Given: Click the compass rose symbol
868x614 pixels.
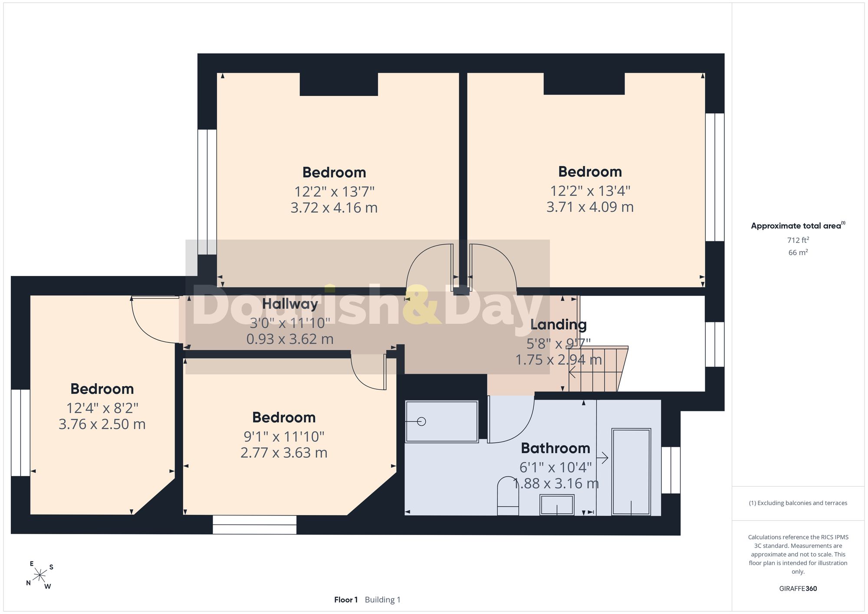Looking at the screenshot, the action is (x=40, y=575).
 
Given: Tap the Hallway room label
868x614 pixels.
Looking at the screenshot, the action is (x=290, y=304).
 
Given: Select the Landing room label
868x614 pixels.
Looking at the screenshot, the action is (x=559, y=325).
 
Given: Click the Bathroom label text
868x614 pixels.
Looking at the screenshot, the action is (x=556, y=448).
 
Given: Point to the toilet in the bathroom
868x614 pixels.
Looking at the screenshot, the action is (x=508, y=496).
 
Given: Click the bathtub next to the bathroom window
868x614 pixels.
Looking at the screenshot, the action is (x=631, y=472).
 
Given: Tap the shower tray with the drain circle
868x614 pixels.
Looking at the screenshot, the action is (x=442, y=421).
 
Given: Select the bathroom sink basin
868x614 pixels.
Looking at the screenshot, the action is (x=557, y=505).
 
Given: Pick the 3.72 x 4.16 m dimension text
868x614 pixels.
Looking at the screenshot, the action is (x=334, y=208).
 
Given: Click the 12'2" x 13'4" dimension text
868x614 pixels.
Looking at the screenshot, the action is (x=590, y=190).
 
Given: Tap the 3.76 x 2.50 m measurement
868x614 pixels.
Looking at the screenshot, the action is (x=102, y=424).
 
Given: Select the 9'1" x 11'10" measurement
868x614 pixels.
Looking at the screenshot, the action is (x=284, y=436).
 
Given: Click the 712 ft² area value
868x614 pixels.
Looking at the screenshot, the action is (x=798, y=240).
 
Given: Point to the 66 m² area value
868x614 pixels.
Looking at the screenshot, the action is (x=798, y=252).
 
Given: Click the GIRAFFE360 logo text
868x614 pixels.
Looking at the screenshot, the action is (x=798, y=588).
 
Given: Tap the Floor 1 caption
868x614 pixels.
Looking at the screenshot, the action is (x=346, y=600).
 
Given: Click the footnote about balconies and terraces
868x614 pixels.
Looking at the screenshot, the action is (x=798, y=503).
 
